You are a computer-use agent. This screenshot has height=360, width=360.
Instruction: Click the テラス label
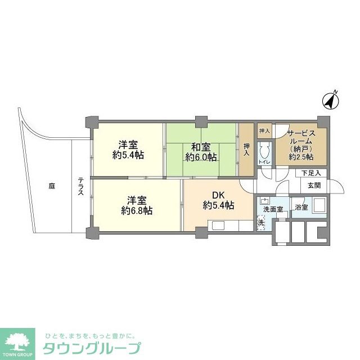point(81,186)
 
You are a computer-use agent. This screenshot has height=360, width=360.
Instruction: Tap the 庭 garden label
point(51,186)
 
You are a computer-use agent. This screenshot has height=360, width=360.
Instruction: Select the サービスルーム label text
point(301,138)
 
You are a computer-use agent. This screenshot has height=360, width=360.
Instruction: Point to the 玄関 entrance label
point(314,186)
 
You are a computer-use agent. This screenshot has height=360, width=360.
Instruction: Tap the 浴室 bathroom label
point(301,207)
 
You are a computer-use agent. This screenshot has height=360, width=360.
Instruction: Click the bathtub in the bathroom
point(318,206)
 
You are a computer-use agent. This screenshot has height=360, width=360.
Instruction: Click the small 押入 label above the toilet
point(264,131)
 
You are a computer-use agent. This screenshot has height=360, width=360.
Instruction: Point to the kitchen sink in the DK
point(218,226)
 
